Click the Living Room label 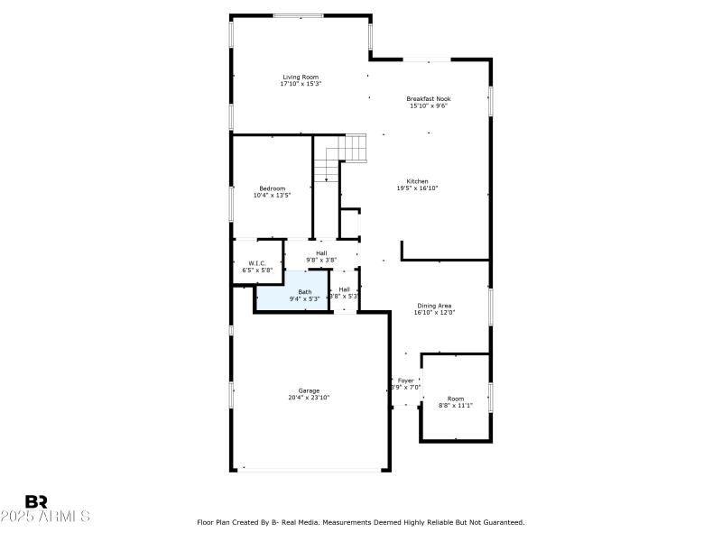[301, 77]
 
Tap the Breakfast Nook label [428, 98]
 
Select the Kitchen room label [417, 181]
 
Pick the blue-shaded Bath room [292, 297]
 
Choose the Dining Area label [434, 306]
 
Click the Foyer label [406, 381]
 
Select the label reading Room [456, 399]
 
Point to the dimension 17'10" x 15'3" [301, 84]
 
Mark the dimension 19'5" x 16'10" [417, 188]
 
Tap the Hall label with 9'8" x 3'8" [321, 253]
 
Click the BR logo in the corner [36, 501]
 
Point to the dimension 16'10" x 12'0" [434, 313]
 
